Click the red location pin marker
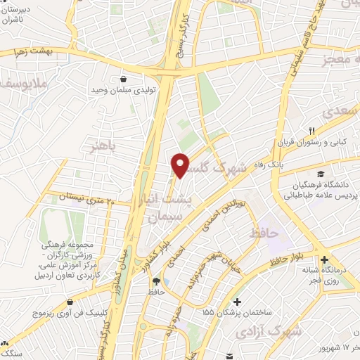[181, 165]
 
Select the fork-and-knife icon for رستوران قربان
[311, 130]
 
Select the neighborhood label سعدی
[340, 112]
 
